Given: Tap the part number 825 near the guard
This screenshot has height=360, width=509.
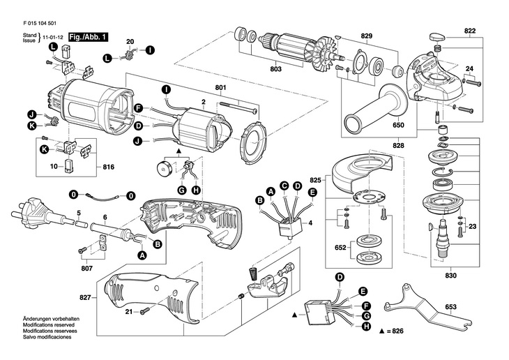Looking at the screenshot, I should click(315, 179).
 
